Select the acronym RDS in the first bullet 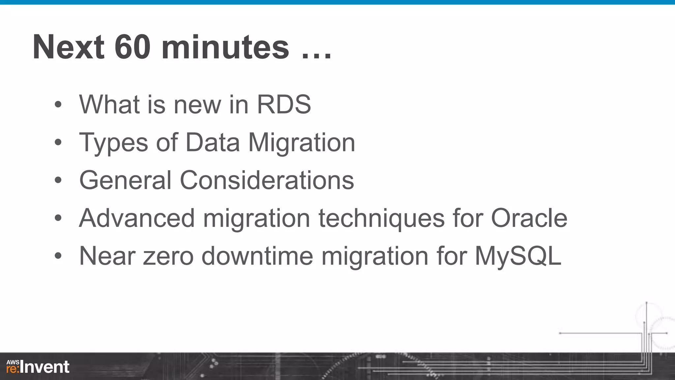click(x=284, y=105)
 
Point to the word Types click(x=114, y=142)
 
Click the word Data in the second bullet click(x=213, y=142)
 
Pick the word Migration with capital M click(x=302, y=142)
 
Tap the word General click(x=126, y=180)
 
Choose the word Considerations click(x=267, y=180)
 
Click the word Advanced click(x=137, y=218)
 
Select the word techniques click(x=382, y=218)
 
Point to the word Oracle click(x=529, y=218)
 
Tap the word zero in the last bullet click(x=168, y=256)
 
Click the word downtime click(x=257, y=256)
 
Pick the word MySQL click(x=518, y=256)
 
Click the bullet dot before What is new click(x=58, y=105)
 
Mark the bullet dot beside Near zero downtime click(x=58, y=256)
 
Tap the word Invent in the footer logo click(x=45, y=367)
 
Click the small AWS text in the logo click(x=13, y=362)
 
